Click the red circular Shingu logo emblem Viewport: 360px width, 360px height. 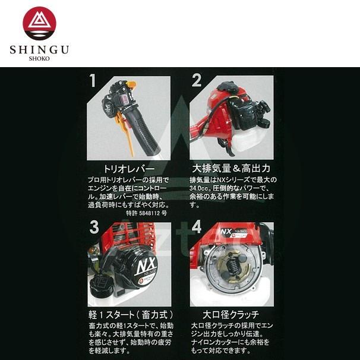click(39, 23)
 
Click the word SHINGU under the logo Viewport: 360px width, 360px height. click(39, 50)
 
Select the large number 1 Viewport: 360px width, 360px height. click(91, 80)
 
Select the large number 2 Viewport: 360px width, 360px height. click(196, 80)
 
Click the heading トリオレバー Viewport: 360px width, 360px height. click(125, 169)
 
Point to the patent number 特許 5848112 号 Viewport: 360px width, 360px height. click(146, 213)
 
